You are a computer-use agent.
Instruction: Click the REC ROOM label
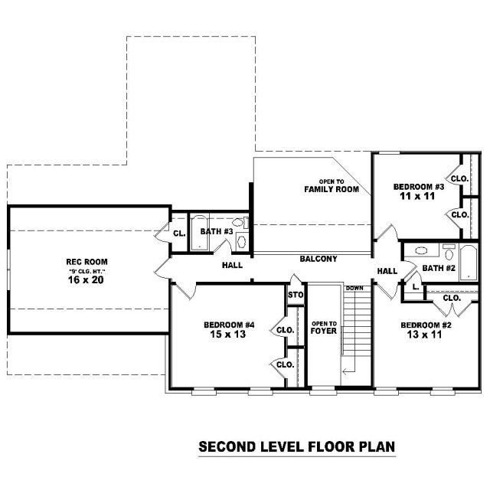[87, 262]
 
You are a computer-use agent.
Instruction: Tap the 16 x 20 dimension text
[86, 279]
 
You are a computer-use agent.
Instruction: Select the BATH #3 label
[217, 231]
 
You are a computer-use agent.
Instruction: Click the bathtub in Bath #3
[199, 232]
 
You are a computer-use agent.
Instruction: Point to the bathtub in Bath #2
[469, 263]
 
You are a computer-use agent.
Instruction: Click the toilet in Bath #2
[449, 253]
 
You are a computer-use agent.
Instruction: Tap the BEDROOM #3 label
[419, 187]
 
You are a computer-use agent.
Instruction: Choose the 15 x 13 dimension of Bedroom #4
[228, 334]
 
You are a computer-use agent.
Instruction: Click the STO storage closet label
[296, 295]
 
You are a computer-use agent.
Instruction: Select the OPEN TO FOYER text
[324, 328]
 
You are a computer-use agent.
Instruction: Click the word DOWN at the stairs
[354, 288]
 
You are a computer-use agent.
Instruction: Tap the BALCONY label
[318, 259]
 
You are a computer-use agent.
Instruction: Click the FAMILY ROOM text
[332, 189]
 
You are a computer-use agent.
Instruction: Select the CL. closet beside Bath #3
[179, 234]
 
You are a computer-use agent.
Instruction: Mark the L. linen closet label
[416, 287]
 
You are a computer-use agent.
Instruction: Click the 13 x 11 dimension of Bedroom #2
[424, 335]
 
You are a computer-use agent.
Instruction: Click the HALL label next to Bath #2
[387, 271]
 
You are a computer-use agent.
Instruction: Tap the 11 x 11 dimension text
[417, 196]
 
